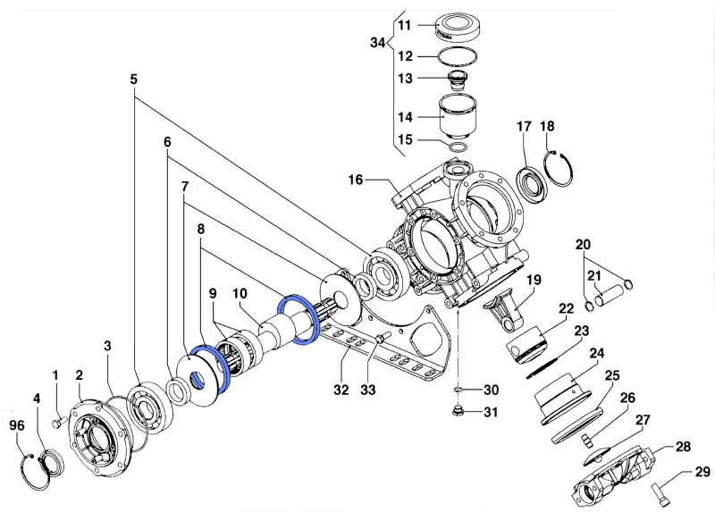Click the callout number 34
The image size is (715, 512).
[x=378, y=43]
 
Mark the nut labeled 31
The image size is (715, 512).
[x=456, y=411]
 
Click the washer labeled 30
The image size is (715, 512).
[x=456, y=390]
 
